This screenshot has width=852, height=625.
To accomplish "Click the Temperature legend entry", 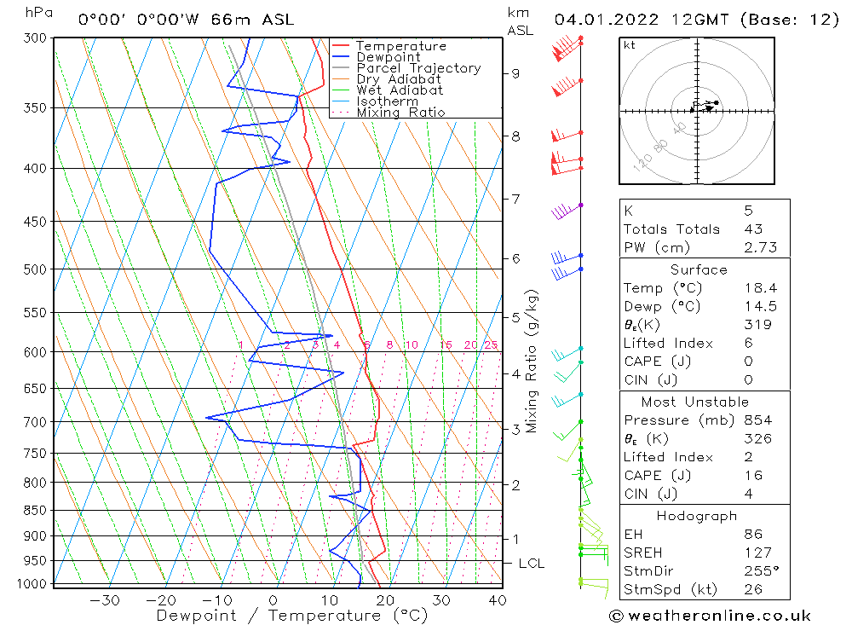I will click(400, 46).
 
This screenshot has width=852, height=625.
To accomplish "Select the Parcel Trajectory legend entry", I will click(418, 68).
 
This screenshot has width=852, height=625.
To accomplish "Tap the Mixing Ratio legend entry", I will click(400, 112).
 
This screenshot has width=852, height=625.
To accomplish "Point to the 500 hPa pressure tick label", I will click(37, 269).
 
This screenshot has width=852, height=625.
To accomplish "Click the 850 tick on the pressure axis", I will click(37, 511).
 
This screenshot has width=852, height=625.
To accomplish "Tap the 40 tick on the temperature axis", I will click(497, 600).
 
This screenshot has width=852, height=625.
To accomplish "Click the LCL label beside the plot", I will click(531, 564).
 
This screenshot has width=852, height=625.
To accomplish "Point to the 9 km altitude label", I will click(515, 73).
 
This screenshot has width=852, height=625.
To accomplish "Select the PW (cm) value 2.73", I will click(760, 247).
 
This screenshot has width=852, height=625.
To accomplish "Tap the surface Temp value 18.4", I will click(759, 288).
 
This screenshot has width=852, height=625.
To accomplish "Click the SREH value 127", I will click(756, 553).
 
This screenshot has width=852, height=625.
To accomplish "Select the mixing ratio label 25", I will click(491, 344).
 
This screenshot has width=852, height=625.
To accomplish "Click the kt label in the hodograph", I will click(630, 45).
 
